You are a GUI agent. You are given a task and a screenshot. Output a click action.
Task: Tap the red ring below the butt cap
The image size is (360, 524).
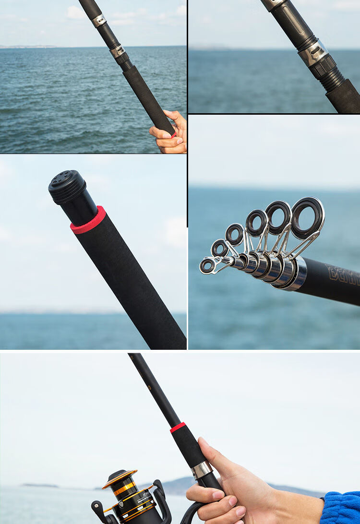coord(88,220)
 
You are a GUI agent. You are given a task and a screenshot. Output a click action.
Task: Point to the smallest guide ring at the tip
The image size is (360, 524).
coord(208,265)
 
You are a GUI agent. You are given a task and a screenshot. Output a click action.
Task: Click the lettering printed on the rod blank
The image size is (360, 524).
coord(343,275)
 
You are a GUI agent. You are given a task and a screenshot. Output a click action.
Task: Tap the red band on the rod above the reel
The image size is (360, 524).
coord(178,427)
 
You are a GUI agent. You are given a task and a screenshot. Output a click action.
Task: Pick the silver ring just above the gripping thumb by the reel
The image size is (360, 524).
coord(202,469)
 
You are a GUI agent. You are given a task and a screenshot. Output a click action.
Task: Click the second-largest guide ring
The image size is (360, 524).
coord(278,217)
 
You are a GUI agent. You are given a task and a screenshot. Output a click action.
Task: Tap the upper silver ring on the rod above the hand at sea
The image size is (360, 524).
coord(99,20)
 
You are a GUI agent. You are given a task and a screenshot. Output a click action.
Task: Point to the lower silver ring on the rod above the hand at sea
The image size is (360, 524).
coord(117,51)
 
